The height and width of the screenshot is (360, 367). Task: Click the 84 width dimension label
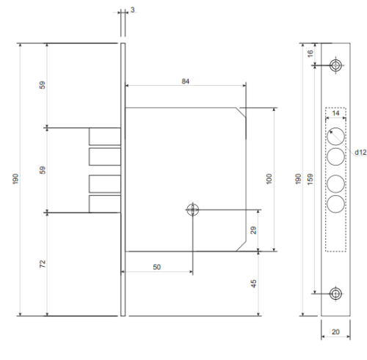(x=186, y=81)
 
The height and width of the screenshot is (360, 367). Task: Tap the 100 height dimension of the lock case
(x=269, y=179)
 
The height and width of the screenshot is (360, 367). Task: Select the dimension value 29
(x=254, y=230)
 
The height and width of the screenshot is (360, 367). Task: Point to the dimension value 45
(x=254, y=284)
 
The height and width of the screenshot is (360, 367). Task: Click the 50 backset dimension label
(x=157, y=267)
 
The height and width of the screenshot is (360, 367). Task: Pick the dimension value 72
(x=43, y=264)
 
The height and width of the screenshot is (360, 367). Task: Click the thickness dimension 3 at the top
(x=132, y=10)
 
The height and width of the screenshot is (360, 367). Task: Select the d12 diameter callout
(x=360, y=153)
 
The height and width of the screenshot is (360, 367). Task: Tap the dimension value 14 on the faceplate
(x=335, y=113)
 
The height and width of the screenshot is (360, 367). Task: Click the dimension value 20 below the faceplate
(x=335, y=331)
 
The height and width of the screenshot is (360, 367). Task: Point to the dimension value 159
(x=310, y=179)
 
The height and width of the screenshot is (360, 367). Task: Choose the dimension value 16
(x=310, y=54)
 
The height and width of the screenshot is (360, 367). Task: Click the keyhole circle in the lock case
(x=193, y=210)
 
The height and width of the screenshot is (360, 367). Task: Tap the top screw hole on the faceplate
(x=335, y=65)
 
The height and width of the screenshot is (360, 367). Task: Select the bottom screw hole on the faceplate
(x=335, y=294)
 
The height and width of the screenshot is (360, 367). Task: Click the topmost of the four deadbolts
(x=105, y=136)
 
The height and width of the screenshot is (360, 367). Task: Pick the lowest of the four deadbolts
(x=105, y=204)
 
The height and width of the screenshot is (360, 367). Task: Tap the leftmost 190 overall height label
(x=15, y=179)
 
